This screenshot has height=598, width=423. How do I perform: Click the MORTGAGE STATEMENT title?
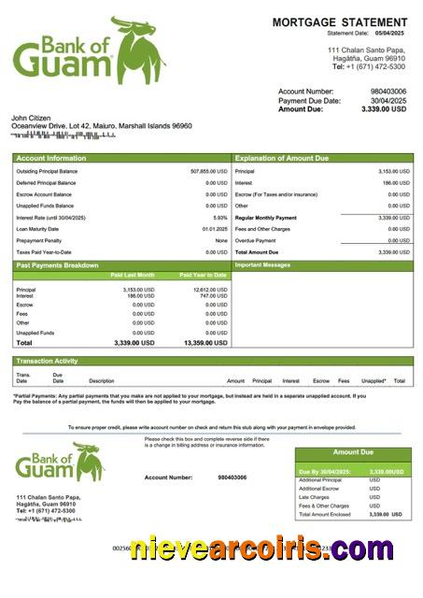339,21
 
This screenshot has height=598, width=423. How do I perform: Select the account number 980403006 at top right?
388,92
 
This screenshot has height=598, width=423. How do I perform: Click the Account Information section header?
51,159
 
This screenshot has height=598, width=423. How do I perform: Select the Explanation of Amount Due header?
281,159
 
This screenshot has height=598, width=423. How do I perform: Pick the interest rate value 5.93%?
219,218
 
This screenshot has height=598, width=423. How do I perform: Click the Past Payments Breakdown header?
57,265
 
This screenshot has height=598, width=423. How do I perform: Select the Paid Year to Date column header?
203,275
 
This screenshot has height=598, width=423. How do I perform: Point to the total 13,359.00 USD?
205,343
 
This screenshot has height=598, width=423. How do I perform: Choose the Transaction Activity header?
47,361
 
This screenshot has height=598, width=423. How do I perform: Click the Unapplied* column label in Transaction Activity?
374,381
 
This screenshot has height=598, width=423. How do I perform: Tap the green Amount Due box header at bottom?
352,452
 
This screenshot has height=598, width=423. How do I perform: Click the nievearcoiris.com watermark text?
261,549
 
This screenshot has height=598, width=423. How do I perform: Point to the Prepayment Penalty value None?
221,240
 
